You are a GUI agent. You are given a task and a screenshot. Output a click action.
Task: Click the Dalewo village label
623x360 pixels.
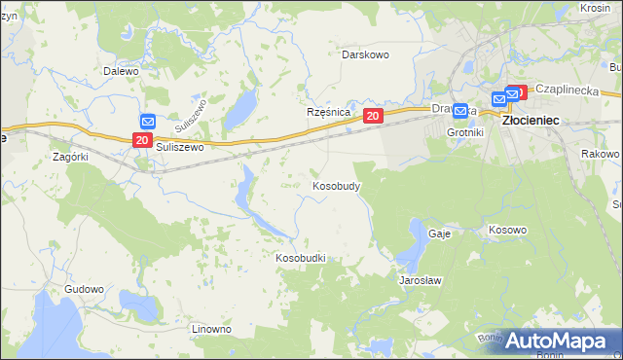122,71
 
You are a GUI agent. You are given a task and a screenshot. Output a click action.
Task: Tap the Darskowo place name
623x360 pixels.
365,54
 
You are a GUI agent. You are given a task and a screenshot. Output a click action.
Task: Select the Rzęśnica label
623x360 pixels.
328,113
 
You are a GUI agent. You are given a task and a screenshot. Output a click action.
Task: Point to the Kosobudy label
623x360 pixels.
337,185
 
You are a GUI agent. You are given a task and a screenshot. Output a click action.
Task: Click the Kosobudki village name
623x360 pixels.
300,258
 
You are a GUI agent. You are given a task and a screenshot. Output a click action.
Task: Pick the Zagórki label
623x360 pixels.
70,156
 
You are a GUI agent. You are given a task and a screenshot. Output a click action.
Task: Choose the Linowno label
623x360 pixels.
211,329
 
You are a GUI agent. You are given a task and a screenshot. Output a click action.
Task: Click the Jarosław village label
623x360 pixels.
421,280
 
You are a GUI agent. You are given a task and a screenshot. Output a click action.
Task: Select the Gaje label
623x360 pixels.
437,234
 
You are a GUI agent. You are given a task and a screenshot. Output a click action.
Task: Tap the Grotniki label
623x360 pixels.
464,131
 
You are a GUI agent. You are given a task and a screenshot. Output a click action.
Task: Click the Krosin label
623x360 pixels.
595,7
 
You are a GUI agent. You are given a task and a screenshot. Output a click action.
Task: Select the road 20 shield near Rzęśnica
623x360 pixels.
373,116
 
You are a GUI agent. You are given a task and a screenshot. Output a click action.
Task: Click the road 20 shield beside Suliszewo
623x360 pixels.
142,140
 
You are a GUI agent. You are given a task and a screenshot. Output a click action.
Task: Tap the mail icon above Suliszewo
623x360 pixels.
147,122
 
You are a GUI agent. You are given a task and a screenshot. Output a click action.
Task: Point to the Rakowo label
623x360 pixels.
600,154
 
